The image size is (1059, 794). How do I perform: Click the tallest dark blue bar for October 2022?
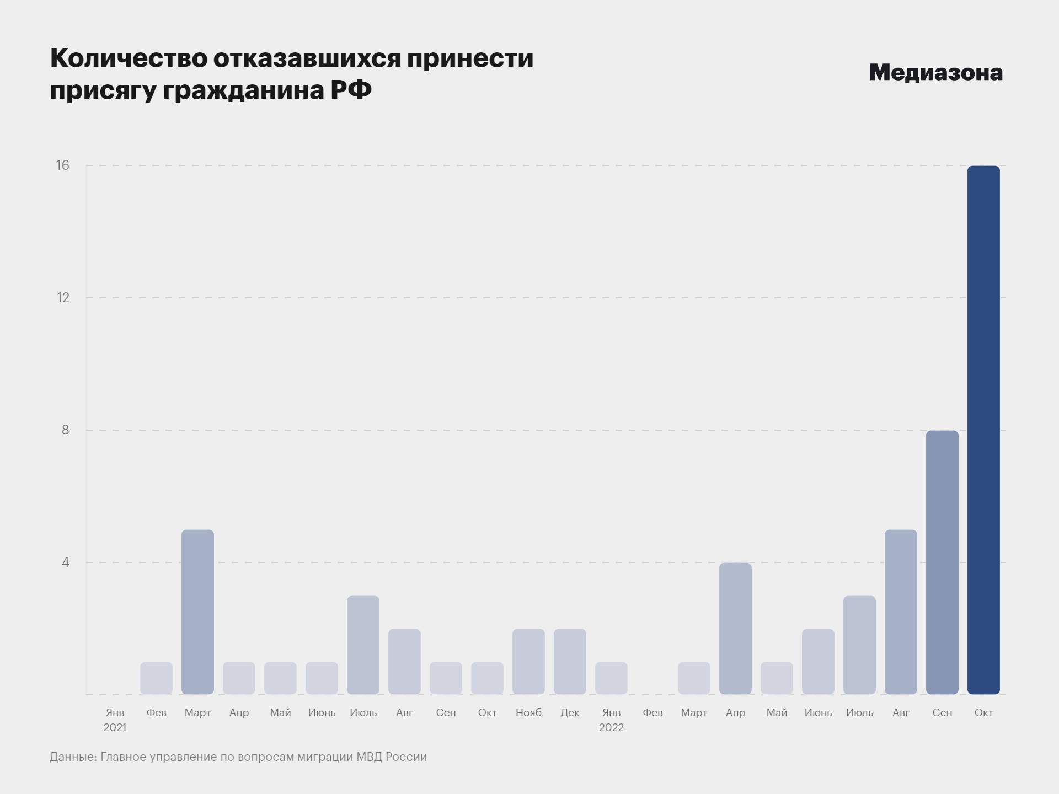pos(983,430)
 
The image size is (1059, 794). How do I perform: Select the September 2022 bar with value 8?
pos(942,562)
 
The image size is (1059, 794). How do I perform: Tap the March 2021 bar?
pos(197,612)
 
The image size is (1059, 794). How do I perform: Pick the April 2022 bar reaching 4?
pos(735,629)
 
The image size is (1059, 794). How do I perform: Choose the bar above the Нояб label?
pos(528,662)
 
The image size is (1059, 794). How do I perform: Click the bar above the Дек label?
pos(570,662)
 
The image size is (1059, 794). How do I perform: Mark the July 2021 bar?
pos(363,645)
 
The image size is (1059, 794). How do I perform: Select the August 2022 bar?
pos(901,612)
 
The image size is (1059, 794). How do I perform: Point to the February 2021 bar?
pos(156,678)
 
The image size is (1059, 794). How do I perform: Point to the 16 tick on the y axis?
pos(63,165)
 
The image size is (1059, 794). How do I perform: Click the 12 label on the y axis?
pos(63,298)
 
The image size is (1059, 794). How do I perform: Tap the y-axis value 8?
pos(66,430)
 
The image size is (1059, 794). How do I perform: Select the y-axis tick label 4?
pos(66,562)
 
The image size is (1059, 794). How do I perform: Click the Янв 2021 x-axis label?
pos(115,720)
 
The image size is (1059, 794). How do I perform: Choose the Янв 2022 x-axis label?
pos(611,720)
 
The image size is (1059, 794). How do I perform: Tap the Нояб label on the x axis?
pos(528,712)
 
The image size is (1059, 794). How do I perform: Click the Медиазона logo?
pos(935,73)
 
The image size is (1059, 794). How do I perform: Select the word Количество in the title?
pos(129,58)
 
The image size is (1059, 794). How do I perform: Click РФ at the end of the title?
pos(351,90)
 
